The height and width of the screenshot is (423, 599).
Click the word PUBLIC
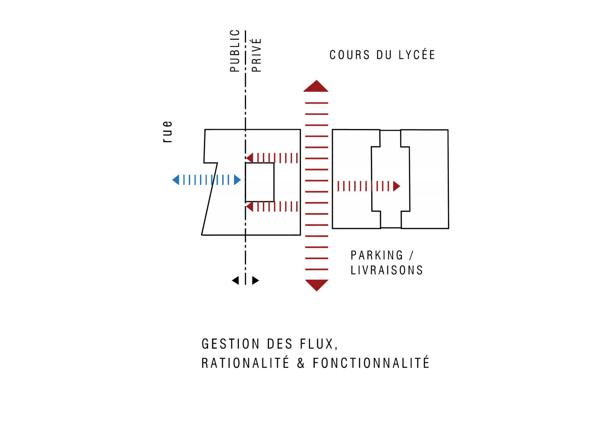coord(234,50)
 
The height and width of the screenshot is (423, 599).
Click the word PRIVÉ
coord(256,55)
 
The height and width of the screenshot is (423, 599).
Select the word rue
coord(167,132)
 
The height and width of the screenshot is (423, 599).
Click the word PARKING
coord(377,255)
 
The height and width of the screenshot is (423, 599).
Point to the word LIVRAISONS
coord(387,270)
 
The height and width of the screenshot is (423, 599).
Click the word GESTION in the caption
coord(231,344)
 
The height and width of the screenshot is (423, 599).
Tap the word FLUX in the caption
coord(317,344)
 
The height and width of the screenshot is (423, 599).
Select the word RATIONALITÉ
coord(245,363)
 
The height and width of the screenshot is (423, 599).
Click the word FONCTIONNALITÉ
coord(371,363)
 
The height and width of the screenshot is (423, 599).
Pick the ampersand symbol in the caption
coord(301,364)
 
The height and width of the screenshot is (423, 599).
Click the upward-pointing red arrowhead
coord(316,86)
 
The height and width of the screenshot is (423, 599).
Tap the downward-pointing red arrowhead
coord(317,285)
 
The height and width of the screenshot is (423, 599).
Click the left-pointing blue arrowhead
coord(176,180)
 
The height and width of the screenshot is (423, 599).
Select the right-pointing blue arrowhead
coord(237,180)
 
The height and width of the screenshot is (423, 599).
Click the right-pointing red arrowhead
coord(396,186)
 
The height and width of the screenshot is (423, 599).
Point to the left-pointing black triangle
coord(235,281)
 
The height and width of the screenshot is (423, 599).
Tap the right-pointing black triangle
coord(256,281)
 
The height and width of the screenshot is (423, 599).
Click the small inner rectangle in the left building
coord(260,182)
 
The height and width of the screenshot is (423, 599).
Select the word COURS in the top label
coord(350,55)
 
